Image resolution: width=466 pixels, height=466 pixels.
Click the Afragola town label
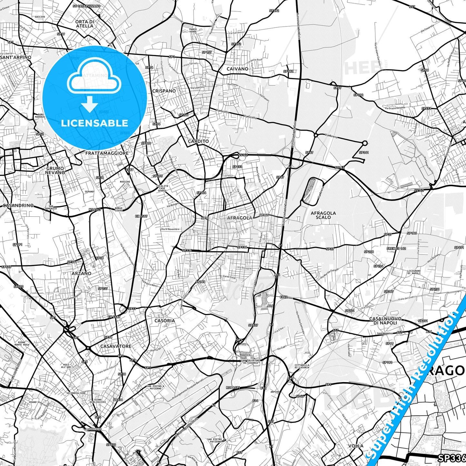coord(240,218)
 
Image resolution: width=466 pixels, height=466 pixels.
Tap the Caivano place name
coord(237,69)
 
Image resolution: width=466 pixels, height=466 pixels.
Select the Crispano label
coord(164,91)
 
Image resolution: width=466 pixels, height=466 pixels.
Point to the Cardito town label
coord(198,141)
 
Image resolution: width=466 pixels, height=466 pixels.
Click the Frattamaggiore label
coord(107,153)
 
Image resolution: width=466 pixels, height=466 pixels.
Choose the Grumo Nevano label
coord(55,170)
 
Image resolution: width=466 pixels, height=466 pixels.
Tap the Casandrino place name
coord(18,205)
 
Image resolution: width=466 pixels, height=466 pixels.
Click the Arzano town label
coord(81,273)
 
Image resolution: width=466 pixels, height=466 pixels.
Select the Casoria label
coord(164,321)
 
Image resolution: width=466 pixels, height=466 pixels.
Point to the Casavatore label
coord(116,346)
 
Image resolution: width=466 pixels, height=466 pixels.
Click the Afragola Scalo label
coord(323,215)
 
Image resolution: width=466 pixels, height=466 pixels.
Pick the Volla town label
coord(356,446)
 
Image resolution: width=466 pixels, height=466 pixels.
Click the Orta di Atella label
coord(84,24)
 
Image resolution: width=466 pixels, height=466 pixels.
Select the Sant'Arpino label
coord(16,57)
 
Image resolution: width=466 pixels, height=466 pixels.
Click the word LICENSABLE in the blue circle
coord(94,123)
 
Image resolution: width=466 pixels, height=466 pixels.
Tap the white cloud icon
coord(94,78)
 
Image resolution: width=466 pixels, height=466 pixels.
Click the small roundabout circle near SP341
coord(365,143)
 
